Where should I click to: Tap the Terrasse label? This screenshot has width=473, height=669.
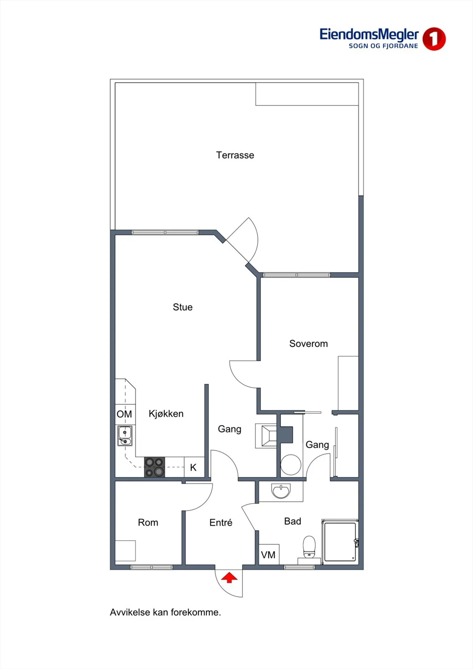[x=235, y=155]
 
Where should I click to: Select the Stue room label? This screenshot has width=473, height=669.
[x=183, y=307]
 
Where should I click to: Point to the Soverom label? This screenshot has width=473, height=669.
[x=308, y=343]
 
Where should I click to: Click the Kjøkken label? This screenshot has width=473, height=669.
[x=166, y=414]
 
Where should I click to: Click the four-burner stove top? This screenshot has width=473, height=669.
[x=154, y=467]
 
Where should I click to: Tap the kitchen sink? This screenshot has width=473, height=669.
[x=125, y=436]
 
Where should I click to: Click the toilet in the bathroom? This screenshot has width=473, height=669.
[x=309, y=547]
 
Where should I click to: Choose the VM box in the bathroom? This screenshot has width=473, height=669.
[x=268, y=554]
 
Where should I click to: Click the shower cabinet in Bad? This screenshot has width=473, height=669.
[x=340, y=542]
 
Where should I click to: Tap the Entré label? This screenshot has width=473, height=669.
[x=221, y=523]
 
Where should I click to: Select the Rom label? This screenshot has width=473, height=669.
[x=148, y=523]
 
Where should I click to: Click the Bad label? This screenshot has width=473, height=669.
[x=292, y=521]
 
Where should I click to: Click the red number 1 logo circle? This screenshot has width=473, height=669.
[x=434, y=39]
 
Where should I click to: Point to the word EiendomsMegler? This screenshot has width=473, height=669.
[x=369, y=35]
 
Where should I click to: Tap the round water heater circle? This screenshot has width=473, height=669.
[x=291, y=465]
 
